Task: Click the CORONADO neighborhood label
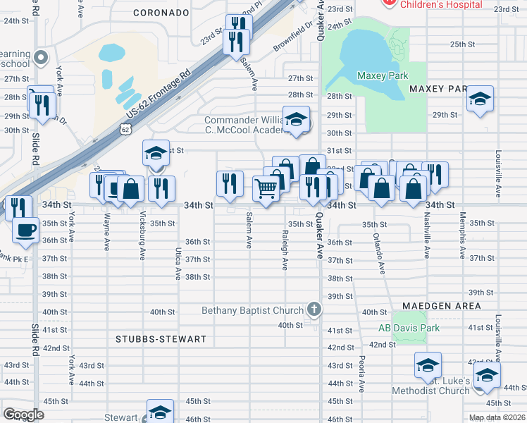coord(161,13)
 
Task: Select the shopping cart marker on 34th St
coord(266,189)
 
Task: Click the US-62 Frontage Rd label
coord(159,91)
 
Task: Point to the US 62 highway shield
coord(125,129)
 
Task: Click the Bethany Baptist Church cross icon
coord(314,309)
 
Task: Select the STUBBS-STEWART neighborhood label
coord(161,339)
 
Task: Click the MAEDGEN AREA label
coord(442,306)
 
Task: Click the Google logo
coord(23,414)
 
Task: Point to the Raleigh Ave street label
coord(285,250)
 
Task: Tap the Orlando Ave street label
coord(381,254)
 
